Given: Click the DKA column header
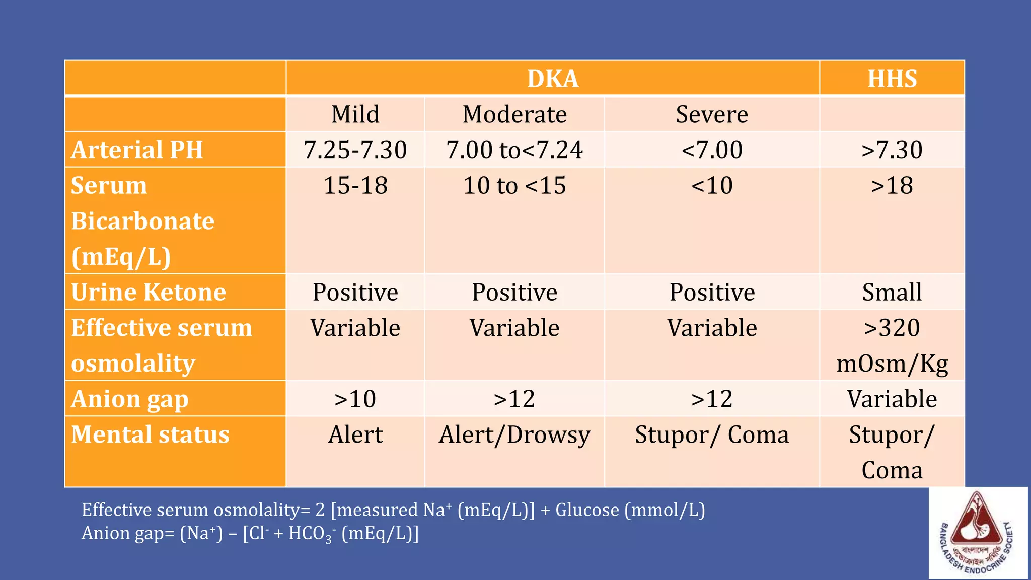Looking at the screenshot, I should pos(553,79).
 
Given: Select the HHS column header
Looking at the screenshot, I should pos(892,79).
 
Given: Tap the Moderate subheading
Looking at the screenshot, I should pos(514,114).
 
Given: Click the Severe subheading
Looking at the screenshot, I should pos(712,114).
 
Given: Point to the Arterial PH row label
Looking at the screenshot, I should pos(137,150).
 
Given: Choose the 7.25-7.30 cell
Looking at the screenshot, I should pos(355,150).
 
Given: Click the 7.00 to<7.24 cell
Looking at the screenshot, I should pos(514,150).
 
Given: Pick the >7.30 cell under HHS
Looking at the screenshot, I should pos(892,150).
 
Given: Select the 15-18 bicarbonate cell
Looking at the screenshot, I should pos(355,186).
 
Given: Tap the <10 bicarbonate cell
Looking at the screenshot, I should pos(712,186).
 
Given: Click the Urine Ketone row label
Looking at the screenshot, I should pos(149,293).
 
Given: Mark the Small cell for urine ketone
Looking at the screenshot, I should pos(892,293).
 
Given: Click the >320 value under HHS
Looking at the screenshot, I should pos(892,328).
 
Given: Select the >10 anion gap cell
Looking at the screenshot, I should pos(355,399).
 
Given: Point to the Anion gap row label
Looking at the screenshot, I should pos(130,399).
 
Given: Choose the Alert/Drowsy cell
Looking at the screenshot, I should pos(514,435).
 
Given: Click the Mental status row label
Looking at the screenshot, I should pos(150,435).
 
